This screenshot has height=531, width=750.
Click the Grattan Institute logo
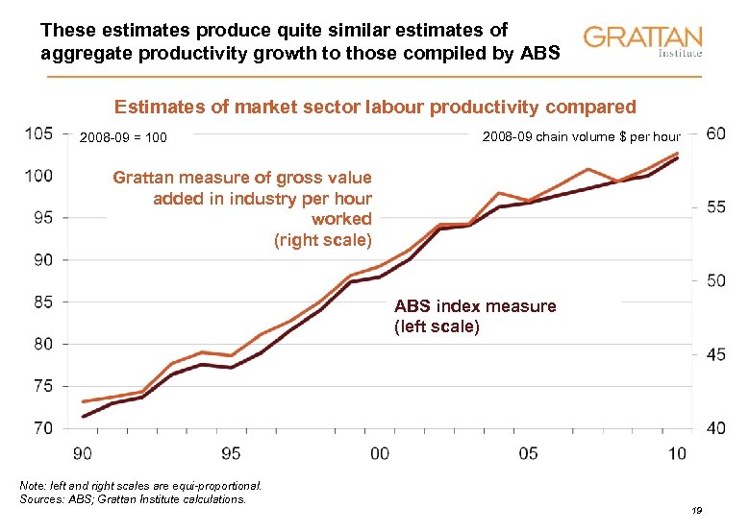click(x=642, y=41)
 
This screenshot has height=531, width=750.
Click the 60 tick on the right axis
click(x=715, y=133)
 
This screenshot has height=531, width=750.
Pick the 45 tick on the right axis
click(x=715, y=354)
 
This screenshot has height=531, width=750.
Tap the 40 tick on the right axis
click(x=715, y=428)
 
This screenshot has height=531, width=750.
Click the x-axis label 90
click(x=83, y=451)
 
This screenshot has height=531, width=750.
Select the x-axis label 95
click(x=231, y=451)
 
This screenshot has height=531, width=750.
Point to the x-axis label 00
click(x=380, y=451)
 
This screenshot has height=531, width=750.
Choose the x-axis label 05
click(x=528, y=451)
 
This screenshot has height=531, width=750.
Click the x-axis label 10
click(x=677, y=451)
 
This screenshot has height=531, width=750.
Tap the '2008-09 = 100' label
click(x=123, y=138)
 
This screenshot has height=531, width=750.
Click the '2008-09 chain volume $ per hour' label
click(x=580, y=136)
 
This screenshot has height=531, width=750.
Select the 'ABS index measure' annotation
click(x=475, y=306)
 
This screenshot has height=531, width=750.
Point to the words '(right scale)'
click(x=323, y=240)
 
